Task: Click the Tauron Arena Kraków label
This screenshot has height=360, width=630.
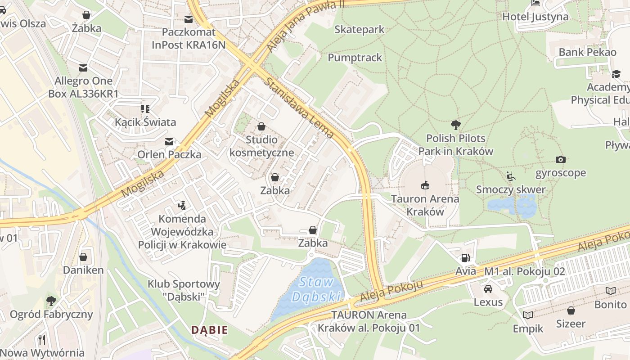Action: [x=425, y=205]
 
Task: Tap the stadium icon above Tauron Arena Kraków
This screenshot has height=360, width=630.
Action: [x=425, y=184]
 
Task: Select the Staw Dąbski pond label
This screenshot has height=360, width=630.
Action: [x=315, y=289]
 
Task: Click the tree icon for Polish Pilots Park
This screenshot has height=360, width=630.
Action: [x=455, y=125]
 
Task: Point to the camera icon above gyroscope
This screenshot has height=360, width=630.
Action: [x=560, y=159]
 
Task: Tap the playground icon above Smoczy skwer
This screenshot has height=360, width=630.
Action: [x=510, y=176]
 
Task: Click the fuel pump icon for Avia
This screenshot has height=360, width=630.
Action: [x=465, y=258]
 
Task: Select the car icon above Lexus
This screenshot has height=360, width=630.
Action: [x=488, y=288]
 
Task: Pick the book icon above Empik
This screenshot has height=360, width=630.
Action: [x=528, y=315]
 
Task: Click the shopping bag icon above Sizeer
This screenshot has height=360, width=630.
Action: [x=571, y=310]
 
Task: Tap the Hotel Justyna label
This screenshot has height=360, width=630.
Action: [x=535, y=17]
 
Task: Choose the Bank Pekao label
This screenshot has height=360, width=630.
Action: [x=587, y=52]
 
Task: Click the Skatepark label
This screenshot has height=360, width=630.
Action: [x=359, y=30]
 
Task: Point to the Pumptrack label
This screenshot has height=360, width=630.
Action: [x=355, y=58]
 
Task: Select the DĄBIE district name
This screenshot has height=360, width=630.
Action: [x=209, y=330]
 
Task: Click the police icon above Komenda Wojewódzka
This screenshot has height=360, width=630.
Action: [x=182, y=206]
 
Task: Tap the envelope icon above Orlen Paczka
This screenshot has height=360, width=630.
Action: [x=169, y=141]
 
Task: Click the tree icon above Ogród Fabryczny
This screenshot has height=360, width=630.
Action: [x=51, y=300]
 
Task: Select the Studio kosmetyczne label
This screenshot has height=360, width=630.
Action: [x=261, y=146]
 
